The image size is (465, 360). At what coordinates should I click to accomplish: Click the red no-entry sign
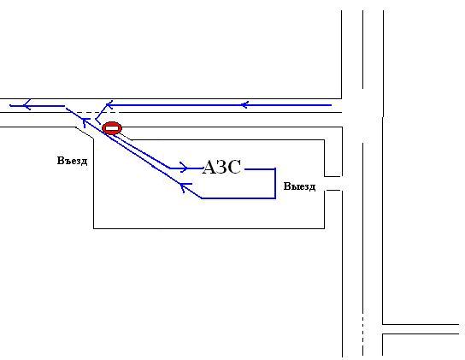tap(112, 128)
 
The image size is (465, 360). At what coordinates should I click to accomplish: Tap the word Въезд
tap(72, 161)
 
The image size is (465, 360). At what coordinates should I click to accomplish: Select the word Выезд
tap(299, 186)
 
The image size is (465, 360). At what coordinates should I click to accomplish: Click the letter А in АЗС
tap(210, 167)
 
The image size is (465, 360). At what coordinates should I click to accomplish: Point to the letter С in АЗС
tap(234, 167)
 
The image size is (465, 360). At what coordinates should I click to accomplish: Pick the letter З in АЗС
tap(223, 167)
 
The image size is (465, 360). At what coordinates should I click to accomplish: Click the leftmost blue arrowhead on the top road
tap(27, 105)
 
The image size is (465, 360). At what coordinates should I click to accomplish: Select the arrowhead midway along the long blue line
tap(244, 105)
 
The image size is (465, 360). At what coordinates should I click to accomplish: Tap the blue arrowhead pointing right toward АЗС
tap(184, 168)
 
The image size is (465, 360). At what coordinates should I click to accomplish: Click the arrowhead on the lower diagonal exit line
tap(185, 187)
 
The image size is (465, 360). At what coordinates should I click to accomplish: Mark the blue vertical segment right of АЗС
tap(275, 183)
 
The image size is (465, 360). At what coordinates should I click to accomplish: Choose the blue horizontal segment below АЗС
tap(238, 198)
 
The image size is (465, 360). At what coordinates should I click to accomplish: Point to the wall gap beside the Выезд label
tap(333, 183)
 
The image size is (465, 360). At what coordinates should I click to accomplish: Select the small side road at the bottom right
tap(421, 329)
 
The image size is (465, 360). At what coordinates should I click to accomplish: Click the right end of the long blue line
tap(331, 105)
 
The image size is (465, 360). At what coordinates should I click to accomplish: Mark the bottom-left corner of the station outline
tap(94, 228)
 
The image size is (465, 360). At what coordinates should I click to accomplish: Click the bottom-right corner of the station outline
tap(325, 228)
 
